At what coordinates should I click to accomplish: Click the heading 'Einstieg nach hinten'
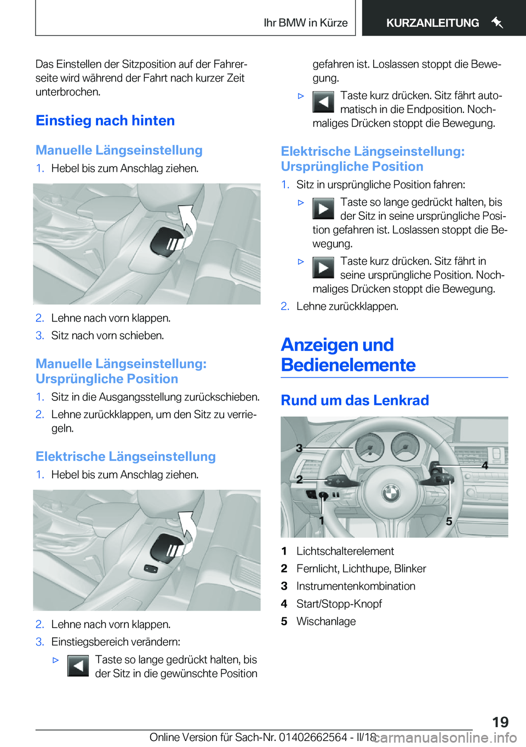pos(105,121)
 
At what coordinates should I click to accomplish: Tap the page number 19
pos(500,722)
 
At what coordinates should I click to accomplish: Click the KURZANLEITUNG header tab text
pos(432,23)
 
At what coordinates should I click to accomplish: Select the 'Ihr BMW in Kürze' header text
pos(305,23)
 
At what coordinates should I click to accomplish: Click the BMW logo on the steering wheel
pos(390,493)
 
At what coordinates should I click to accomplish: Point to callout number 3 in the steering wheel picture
pos(299,448)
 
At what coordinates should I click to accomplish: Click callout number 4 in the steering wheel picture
pos(484,466)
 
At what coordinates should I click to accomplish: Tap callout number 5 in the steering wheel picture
pos(449,521)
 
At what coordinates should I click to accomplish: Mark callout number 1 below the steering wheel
pos(322,520)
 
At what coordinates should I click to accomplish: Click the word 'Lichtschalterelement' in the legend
pos(345,551)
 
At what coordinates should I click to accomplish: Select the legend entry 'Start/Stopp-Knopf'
pos(339,604)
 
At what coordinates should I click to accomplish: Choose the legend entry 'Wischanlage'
pos(326,621)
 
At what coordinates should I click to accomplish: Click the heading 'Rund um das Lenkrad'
pos(355,400)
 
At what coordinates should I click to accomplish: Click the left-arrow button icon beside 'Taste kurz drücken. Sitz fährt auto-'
pos(323,102)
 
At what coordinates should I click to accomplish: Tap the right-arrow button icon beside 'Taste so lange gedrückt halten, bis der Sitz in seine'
pos(323,209)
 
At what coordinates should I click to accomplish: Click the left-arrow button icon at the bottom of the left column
pos(78,666)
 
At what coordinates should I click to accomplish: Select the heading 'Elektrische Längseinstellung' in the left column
pos(125,456)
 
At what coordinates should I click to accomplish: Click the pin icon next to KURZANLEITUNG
pos(497,22)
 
